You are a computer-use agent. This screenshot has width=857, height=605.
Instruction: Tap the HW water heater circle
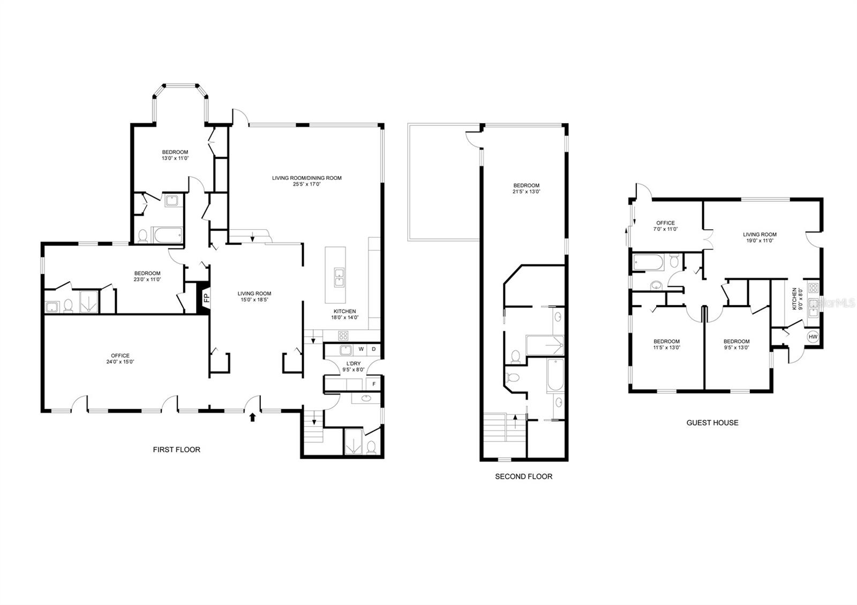(x=813, y=337)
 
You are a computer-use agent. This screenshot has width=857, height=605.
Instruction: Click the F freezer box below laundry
(x=374, y=384)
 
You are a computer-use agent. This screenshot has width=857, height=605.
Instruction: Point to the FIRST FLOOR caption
(x=176, y=450)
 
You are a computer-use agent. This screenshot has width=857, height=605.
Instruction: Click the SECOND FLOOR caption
(x=523, y=476)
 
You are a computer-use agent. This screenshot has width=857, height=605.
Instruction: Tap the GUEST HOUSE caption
(x=712, y=422)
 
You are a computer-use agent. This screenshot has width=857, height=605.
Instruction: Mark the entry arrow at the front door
(x=252, y=417)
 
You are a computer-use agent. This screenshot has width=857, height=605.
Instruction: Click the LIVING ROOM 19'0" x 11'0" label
(x=760, y=237)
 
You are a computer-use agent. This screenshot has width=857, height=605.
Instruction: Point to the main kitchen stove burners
(x=343, y=336)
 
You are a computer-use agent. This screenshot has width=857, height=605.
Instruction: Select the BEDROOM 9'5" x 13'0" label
(x=736, y=344)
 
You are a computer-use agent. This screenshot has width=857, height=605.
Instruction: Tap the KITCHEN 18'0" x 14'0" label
(x=344, y=314)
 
